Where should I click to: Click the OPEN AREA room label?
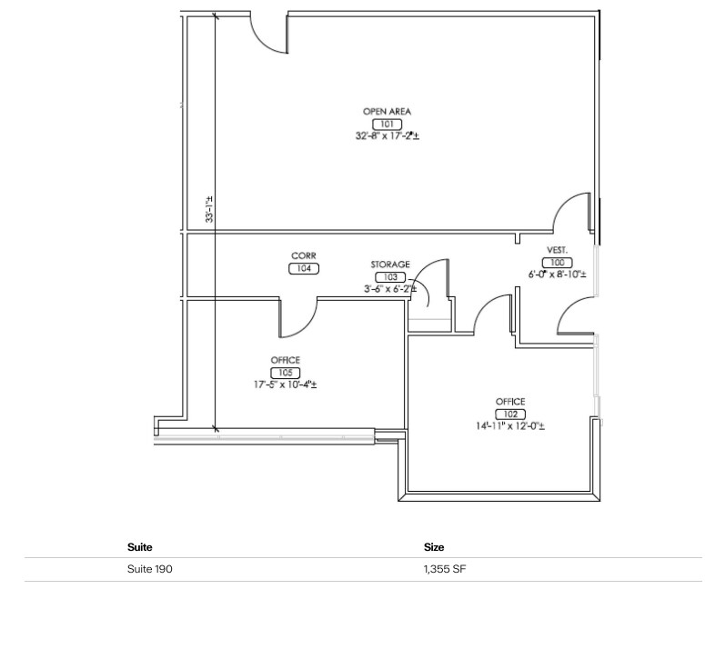387,112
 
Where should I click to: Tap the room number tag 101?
387,124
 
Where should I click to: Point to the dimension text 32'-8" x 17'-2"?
387,135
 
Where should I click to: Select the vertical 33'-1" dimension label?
209,210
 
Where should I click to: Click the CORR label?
303,256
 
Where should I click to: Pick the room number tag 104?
303,268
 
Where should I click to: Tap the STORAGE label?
389,265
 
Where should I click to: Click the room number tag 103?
389,276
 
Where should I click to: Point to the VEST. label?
557,250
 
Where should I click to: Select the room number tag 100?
557,262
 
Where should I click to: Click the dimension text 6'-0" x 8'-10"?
557,274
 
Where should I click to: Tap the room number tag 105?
285,373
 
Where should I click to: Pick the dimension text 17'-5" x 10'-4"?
285,384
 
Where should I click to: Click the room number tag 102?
509,414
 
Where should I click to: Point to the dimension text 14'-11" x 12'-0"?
509,425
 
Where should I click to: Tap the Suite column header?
139,547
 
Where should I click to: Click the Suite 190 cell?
149,570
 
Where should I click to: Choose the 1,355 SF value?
446,570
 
